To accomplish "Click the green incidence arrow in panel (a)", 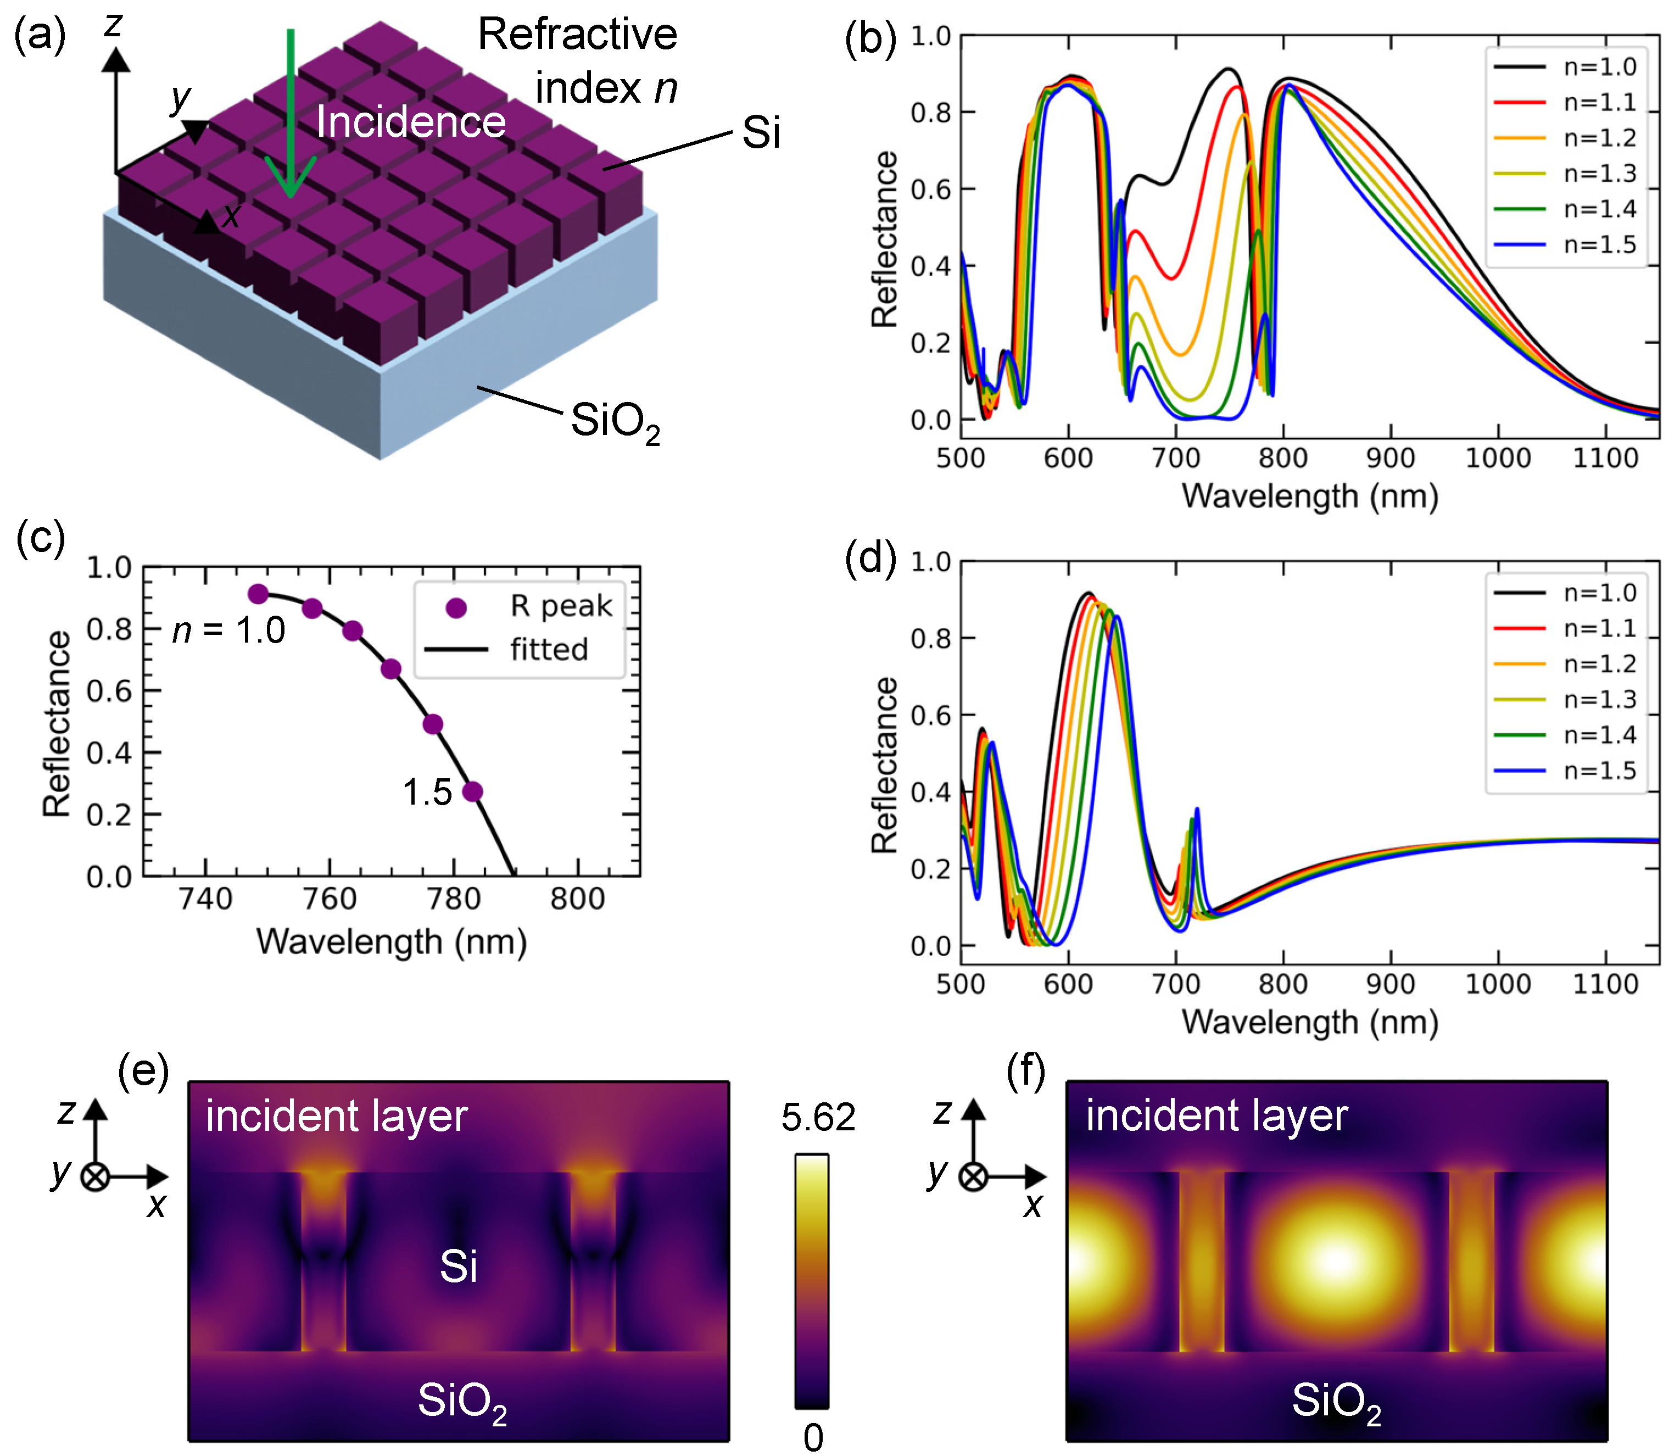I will (x=290, y=114).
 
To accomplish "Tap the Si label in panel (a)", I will (x=761, y=132).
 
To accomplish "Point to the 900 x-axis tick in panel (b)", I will (x=1390, y=458).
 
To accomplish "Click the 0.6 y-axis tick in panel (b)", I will (x=930, y=189).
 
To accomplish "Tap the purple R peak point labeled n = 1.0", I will (x=258, y=594).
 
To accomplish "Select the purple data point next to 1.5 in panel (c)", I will (x=472, y=791).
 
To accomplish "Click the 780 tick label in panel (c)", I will (x=453, y=899).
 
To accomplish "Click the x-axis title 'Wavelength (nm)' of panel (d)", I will (x=1309, y=1022).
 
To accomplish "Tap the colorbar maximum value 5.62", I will (x=818, y=1118).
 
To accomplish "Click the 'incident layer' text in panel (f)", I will (x=1217, y=1115).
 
